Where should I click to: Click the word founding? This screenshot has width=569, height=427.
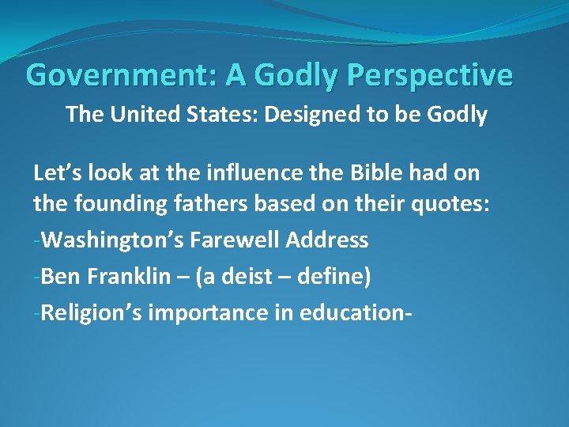(x=111, y=204)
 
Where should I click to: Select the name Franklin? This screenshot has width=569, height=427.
(x=124, y=277)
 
